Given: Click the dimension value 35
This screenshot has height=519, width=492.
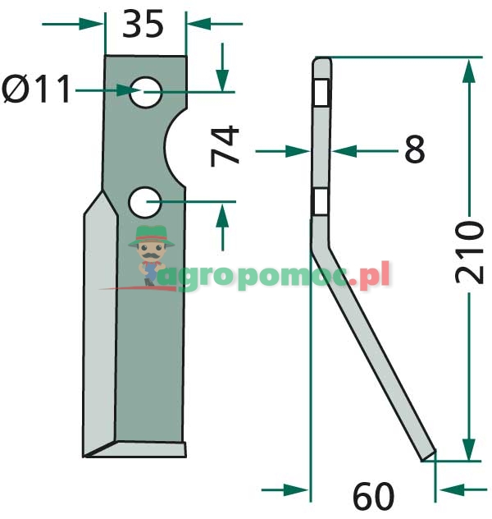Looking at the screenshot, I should [143, 24].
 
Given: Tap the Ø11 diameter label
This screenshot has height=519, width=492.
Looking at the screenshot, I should [38, 90].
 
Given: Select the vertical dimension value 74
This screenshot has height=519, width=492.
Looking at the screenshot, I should [225, 145].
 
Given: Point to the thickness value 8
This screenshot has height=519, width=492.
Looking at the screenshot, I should [414, 150].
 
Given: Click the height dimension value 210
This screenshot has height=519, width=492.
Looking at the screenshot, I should [469, 251].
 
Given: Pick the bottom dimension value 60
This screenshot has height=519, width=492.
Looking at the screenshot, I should [373, 496].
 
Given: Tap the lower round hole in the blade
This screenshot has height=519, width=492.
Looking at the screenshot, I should [145, 200].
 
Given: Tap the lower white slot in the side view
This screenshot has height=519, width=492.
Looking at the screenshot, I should [321, 200].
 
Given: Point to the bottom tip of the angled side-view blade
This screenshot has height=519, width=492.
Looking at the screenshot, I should [428, 457].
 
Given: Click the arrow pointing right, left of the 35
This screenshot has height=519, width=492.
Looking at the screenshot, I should [91, 24].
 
